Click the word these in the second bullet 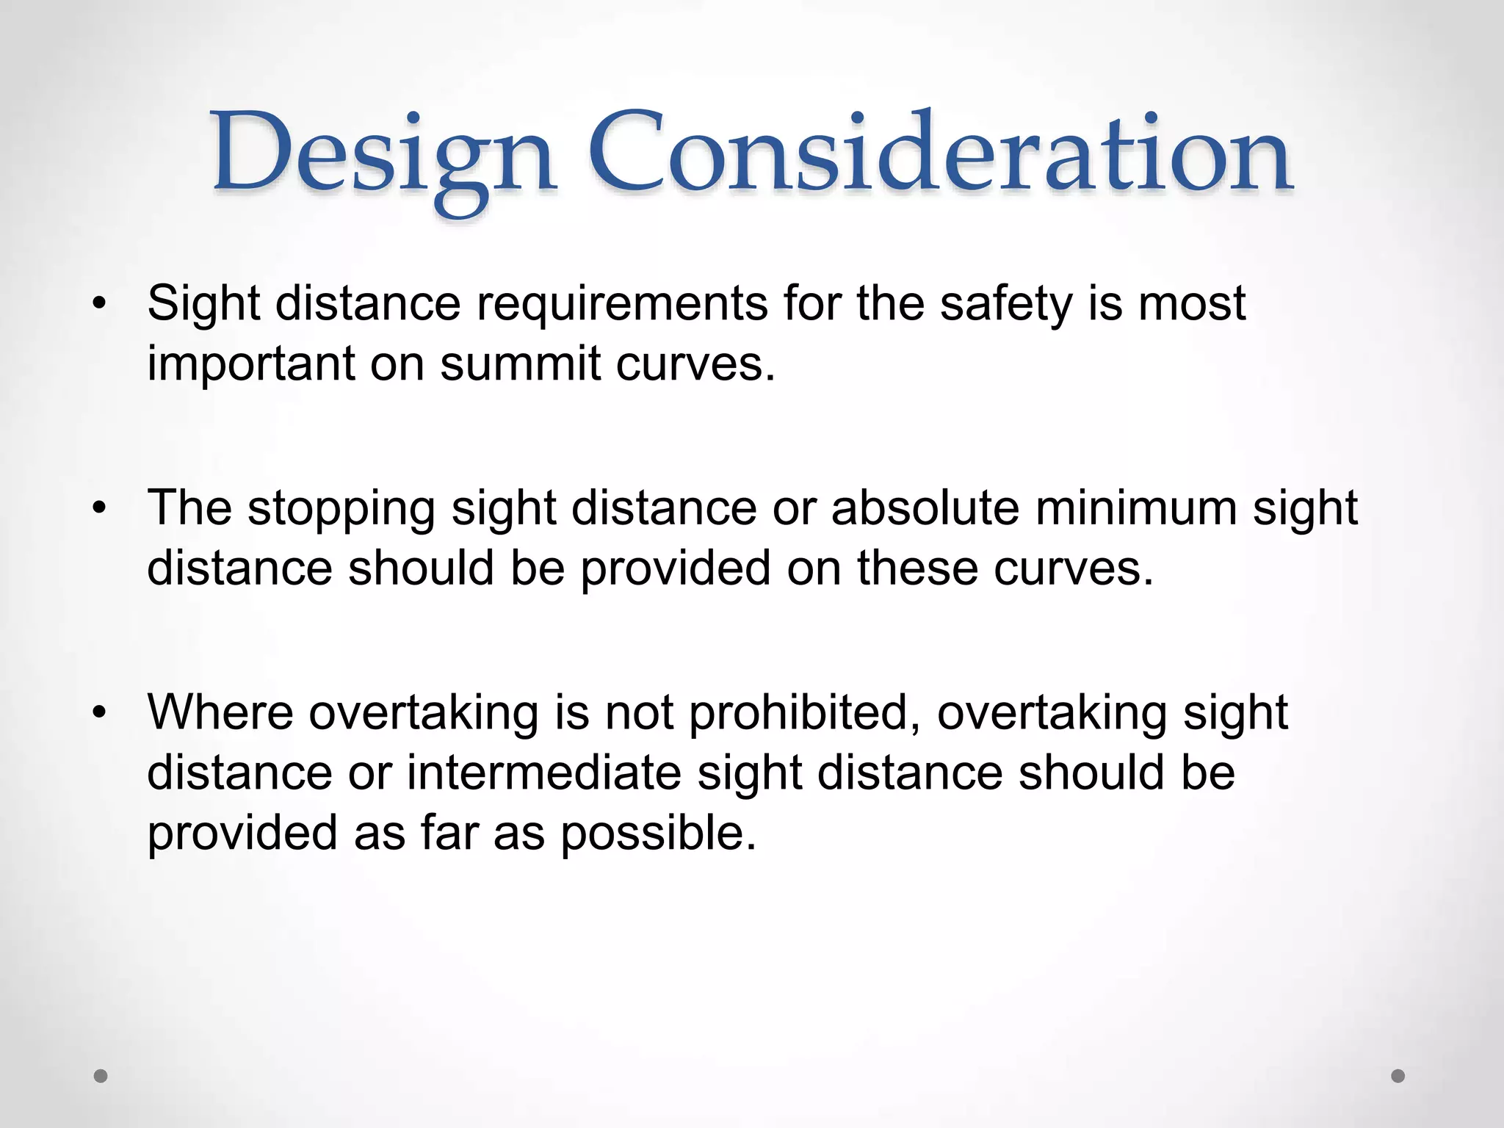[917, 568]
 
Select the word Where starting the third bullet [220, 712]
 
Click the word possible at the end [658, 834]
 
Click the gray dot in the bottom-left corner [101, 1077]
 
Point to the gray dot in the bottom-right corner [1398, 1077]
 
